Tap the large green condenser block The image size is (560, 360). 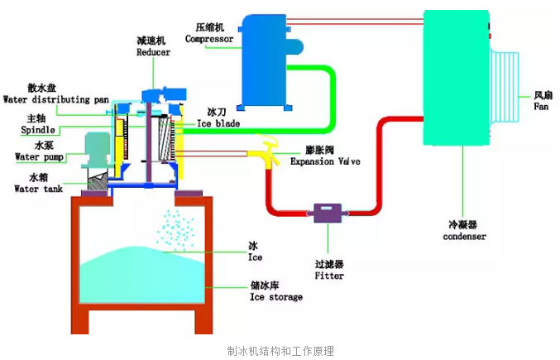pos(457,78)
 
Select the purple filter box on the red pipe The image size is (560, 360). pos(328,214)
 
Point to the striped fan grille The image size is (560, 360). pos(505,87)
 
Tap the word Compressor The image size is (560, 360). pos(209,39)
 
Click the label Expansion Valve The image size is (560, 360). pos(325,161)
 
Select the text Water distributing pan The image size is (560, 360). pos(56,99)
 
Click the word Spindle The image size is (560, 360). pos(38,130)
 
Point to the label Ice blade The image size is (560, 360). pos(218,123)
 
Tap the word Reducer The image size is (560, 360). pos(153,52)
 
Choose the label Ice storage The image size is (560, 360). pos(276,297)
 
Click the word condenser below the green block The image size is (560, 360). pos(464,237)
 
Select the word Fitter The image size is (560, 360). pos(329,276)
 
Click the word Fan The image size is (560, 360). pos(541,107)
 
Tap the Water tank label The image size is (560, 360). pos(39,189)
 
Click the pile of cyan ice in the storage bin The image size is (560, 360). pos(141,275)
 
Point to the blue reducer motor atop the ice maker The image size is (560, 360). pos(165,94)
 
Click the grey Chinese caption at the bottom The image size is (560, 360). pos(280,351)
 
